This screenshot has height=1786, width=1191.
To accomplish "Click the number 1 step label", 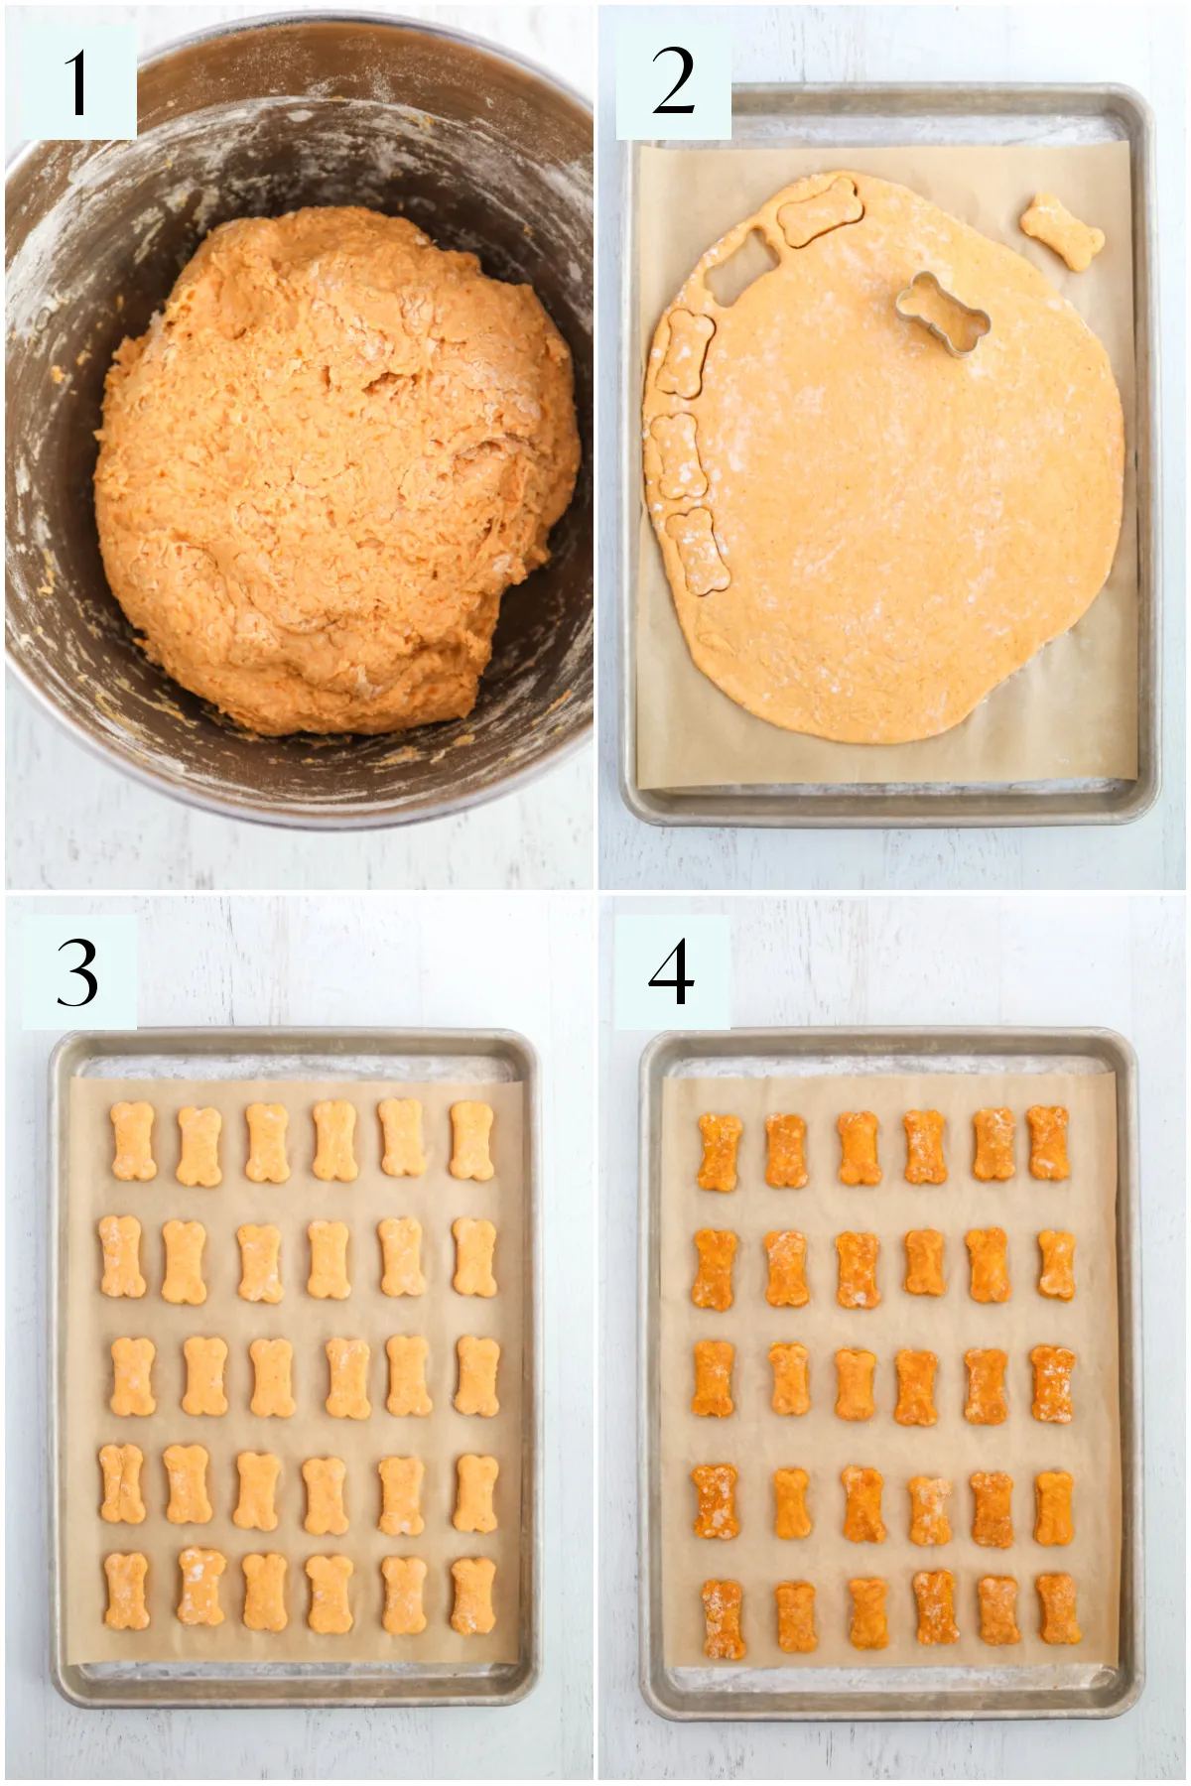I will (77, 81).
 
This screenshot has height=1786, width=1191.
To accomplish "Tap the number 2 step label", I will (673, 81).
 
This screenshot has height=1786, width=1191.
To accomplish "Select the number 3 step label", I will (77, 972).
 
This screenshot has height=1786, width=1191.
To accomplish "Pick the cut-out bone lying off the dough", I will (1062, 232).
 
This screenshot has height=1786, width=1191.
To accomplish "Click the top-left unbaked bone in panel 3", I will (133, 1141).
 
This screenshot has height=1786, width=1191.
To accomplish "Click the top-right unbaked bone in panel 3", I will (471, 1140).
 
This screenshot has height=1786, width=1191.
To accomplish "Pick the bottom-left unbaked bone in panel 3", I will (126, 1591).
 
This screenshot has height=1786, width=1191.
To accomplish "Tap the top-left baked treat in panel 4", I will (720, 1152).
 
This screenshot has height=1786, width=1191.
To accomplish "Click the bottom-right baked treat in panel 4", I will (1058, 1609).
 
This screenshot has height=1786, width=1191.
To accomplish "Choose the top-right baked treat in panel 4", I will (1048, 1143).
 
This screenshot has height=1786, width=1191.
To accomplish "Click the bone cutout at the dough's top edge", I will (816, 210).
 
